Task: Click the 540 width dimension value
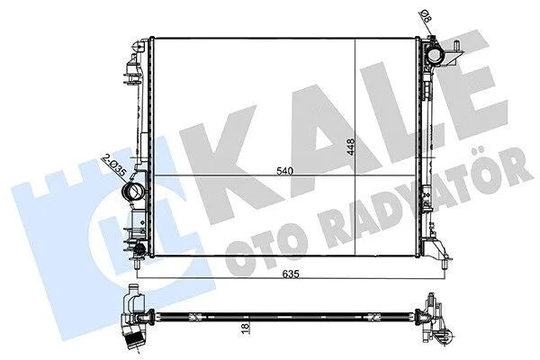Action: (x=283, y=171)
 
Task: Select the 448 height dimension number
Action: (x=351, y=147)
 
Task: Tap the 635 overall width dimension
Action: (x=291, y=274)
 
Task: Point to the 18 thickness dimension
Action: (x=246, y=328)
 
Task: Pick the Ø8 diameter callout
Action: (x=426, y=16)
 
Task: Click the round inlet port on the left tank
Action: (x=133, y=192)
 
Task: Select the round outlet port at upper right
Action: (x=435, y=55)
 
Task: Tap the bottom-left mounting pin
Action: (x=138, y=264)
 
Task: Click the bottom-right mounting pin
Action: (x=445, y=264)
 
